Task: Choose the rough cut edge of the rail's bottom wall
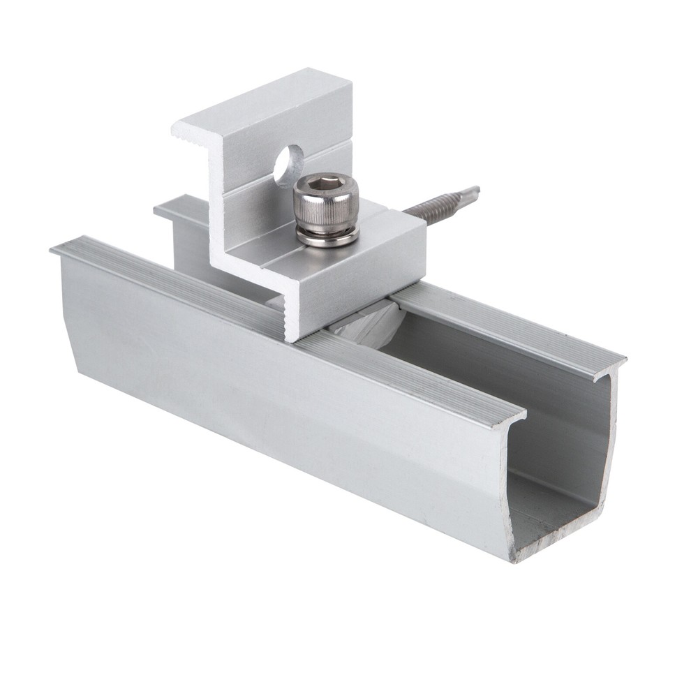[x=558, y=544]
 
